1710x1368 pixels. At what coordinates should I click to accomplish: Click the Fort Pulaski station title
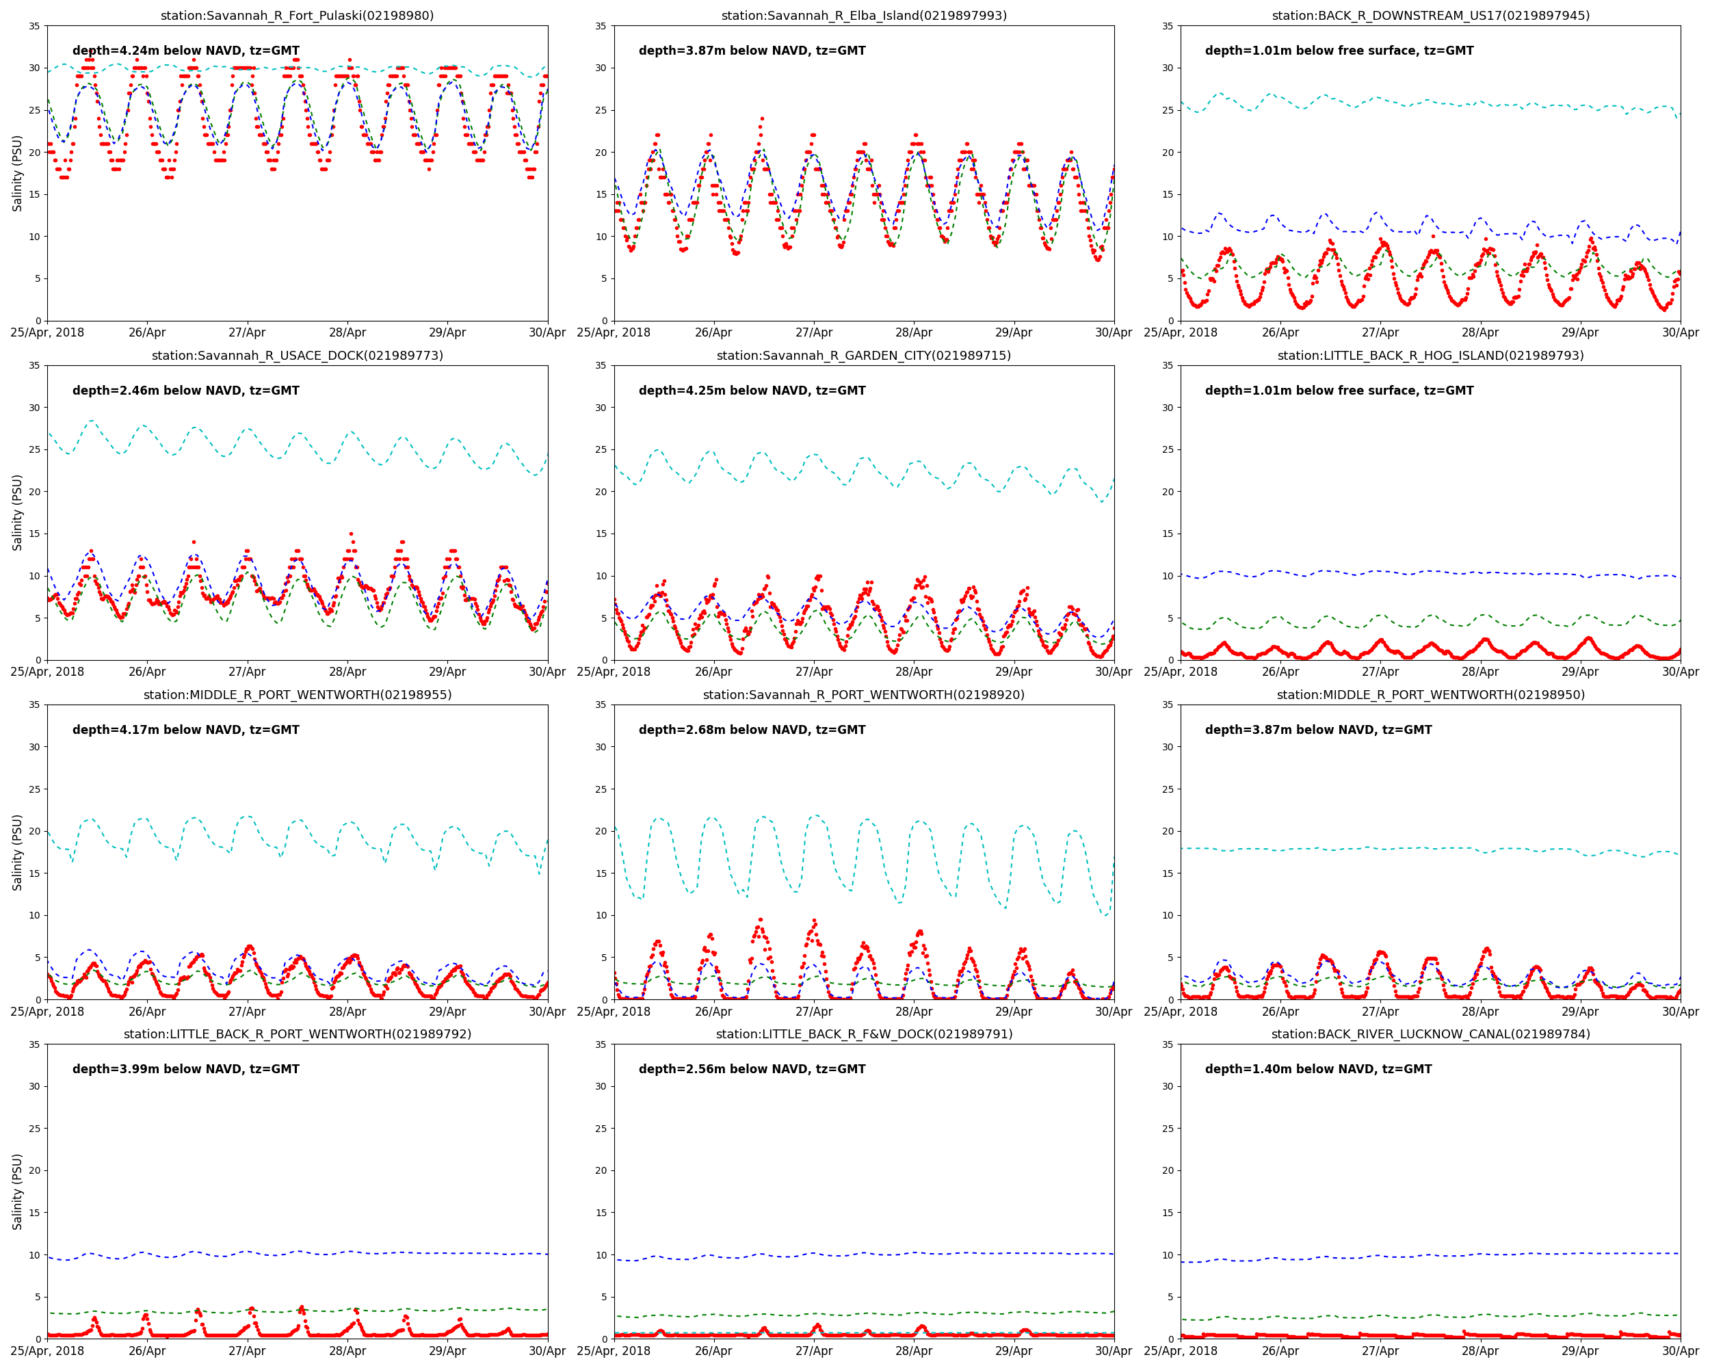click(297, 16)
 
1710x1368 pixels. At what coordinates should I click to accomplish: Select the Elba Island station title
click(864, 16)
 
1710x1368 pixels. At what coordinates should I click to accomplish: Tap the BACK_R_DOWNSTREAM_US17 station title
click(1430, 16)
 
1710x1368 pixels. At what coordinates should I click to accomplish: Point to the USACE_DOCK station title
click(297, 355)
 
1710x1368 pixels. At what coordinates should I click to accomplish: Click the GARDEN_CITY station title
click(864, 355)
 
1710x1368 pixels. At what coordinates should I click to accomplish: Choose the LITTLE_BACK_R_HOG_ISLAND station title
click(1430, 355)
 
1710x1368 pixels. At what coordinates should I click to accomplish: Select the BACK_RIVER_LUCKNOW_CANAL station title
click(1430, 1034)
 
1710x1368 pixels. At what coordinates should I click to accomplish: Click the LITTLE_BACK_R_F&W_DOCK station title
click(864, 1034)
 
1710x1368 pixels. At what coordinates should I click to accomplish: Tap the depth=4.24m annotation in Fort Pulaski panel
click(185, 51)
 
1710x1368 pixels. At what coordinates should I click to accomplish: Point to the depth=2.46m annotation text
click(185, 390)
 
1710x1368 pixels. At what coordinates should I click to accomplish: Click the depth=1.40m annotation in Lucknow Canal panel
click(1318, 1069)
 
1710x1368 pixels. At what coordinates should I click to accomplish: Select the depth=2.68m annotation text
click(752, 730)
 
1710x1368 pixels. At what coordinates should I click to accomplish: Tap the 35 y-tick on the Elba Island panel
click(601, 26)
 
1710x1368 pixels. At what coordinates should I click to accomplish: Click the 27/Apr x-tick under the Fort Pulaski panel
click(248, 332)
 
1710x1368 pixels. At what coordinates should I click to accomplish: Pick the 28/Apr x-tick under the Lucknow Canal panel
click(1480, 1350)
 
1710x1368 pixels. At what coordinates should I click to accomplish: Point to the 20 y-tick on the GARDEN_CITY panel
click(601, 492)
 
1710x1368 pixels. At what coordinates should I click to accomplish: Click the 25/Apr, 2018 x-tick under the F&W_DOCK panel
click(613, 1350)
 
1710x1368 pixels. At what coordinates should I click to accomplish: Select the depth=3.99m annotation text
click(185, 1069)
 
